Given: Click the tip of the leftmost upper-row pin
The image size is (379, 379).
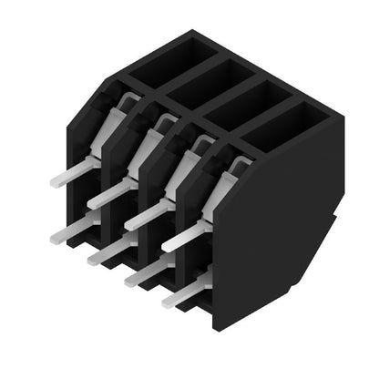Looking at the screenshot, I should coord(55,181).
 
